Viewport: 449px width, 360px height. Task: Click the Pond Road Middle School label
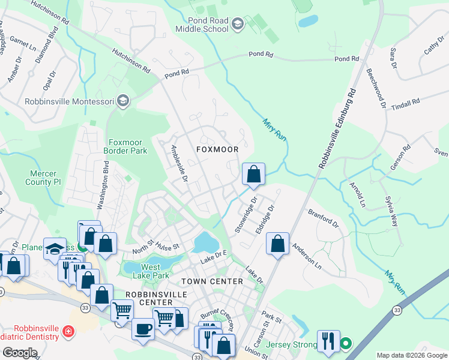pos(202,25)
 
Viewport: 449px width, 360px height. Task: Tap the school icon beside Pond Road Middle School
pos(237,24)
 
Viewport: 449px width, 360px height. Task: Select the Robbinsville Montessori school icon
pos(124,101)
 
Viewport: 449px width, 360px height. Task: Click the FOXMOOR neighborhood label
pos(218,149)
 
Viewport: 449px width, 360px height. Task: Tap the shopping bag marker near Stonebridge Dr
pos(254,175)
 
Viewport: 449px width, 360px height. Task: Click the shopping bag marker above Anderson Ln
pos(277,244)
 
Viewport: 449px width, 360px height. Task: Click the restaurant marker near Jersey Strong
pos(328,341)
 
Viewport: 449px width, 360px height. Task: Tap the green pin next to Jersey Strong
pos(346,344)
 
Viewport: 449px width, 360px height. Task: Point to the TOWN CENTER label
pos(212,281)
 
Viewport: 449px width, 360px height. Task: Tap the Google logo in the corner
pos(20,353)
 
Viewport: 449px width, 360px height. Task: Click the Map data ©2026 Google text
pos(411,355)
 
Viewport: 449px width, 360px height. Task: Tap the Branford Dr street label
pos(324,217)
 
